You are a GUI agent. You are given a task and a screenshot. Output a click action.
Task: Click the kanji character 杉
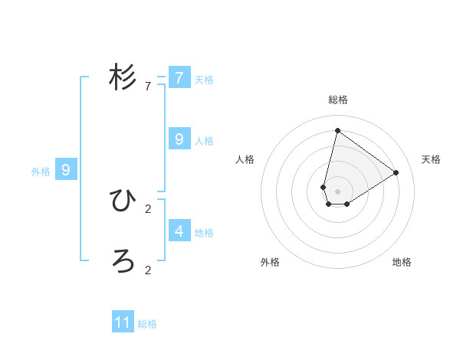pyautogui.click(x=123, y=77)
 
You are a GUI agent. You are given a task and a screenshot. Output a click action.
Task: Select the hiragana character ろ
pyautogui.click(x=123, y=261)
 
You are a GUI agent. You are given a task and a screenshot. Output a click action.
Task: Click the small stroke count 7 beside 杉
pyautogui.click(x=148, y=87)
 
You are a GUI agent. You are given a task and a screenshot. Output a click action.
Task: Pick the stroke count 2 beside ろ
pyautogui.click(x=148, y=270)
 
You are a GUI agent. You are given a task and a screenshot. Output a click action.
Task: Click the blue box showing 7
pyautogui.click(x=179, y=78)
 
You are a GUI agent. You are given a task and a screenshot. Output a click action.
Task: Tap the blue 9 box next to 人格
pyautogui.click(x=179, y=139)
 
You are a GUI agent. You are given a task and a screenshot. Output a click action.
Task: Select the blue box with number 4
pyautogui.click(x=179, y=231)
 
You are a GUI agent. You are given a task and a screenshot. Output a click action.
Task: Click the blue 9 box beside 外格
pyautogui.click(x=66, y=170)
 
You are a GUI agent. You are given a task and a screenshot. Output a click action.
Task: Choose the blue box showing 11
pyautogui.click(x=123, y=322)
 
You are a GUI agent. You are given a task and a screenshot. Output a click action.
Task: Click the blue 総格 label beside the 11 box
pyautogui.click(x=147, y=324)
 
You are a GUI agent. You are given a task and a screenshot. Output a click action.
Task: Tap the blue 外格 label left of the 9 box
pyautogui.click(x=41, y=172)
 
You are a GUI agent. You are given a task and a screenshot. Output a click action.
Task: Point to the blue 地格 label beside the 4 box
pyautogui.click(x=204, y=232)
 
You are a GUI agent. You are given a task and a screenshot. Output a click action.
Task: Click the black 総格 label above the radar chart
pyautogui.click(x=338, y=100)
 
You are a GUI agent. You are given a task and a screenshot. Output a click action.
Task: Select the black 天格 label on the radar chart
pyautogui.click(x=432, y=159)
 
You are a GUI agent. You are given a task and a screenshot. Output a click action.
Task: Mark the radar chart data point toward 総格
pyautogui.click(x=337, y=130)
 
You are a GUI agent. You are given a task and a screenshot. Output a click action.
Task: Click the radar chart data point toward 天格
pyautogui.click(x=396, y=172)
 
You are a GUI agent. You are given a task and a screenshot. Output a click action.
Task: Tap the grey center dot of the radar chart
pyautogui.click(x=337, y=191)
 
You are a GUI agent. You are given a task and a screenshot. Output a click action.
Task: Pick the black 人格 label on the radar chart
pyautogui.click(x=245, y=159)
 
